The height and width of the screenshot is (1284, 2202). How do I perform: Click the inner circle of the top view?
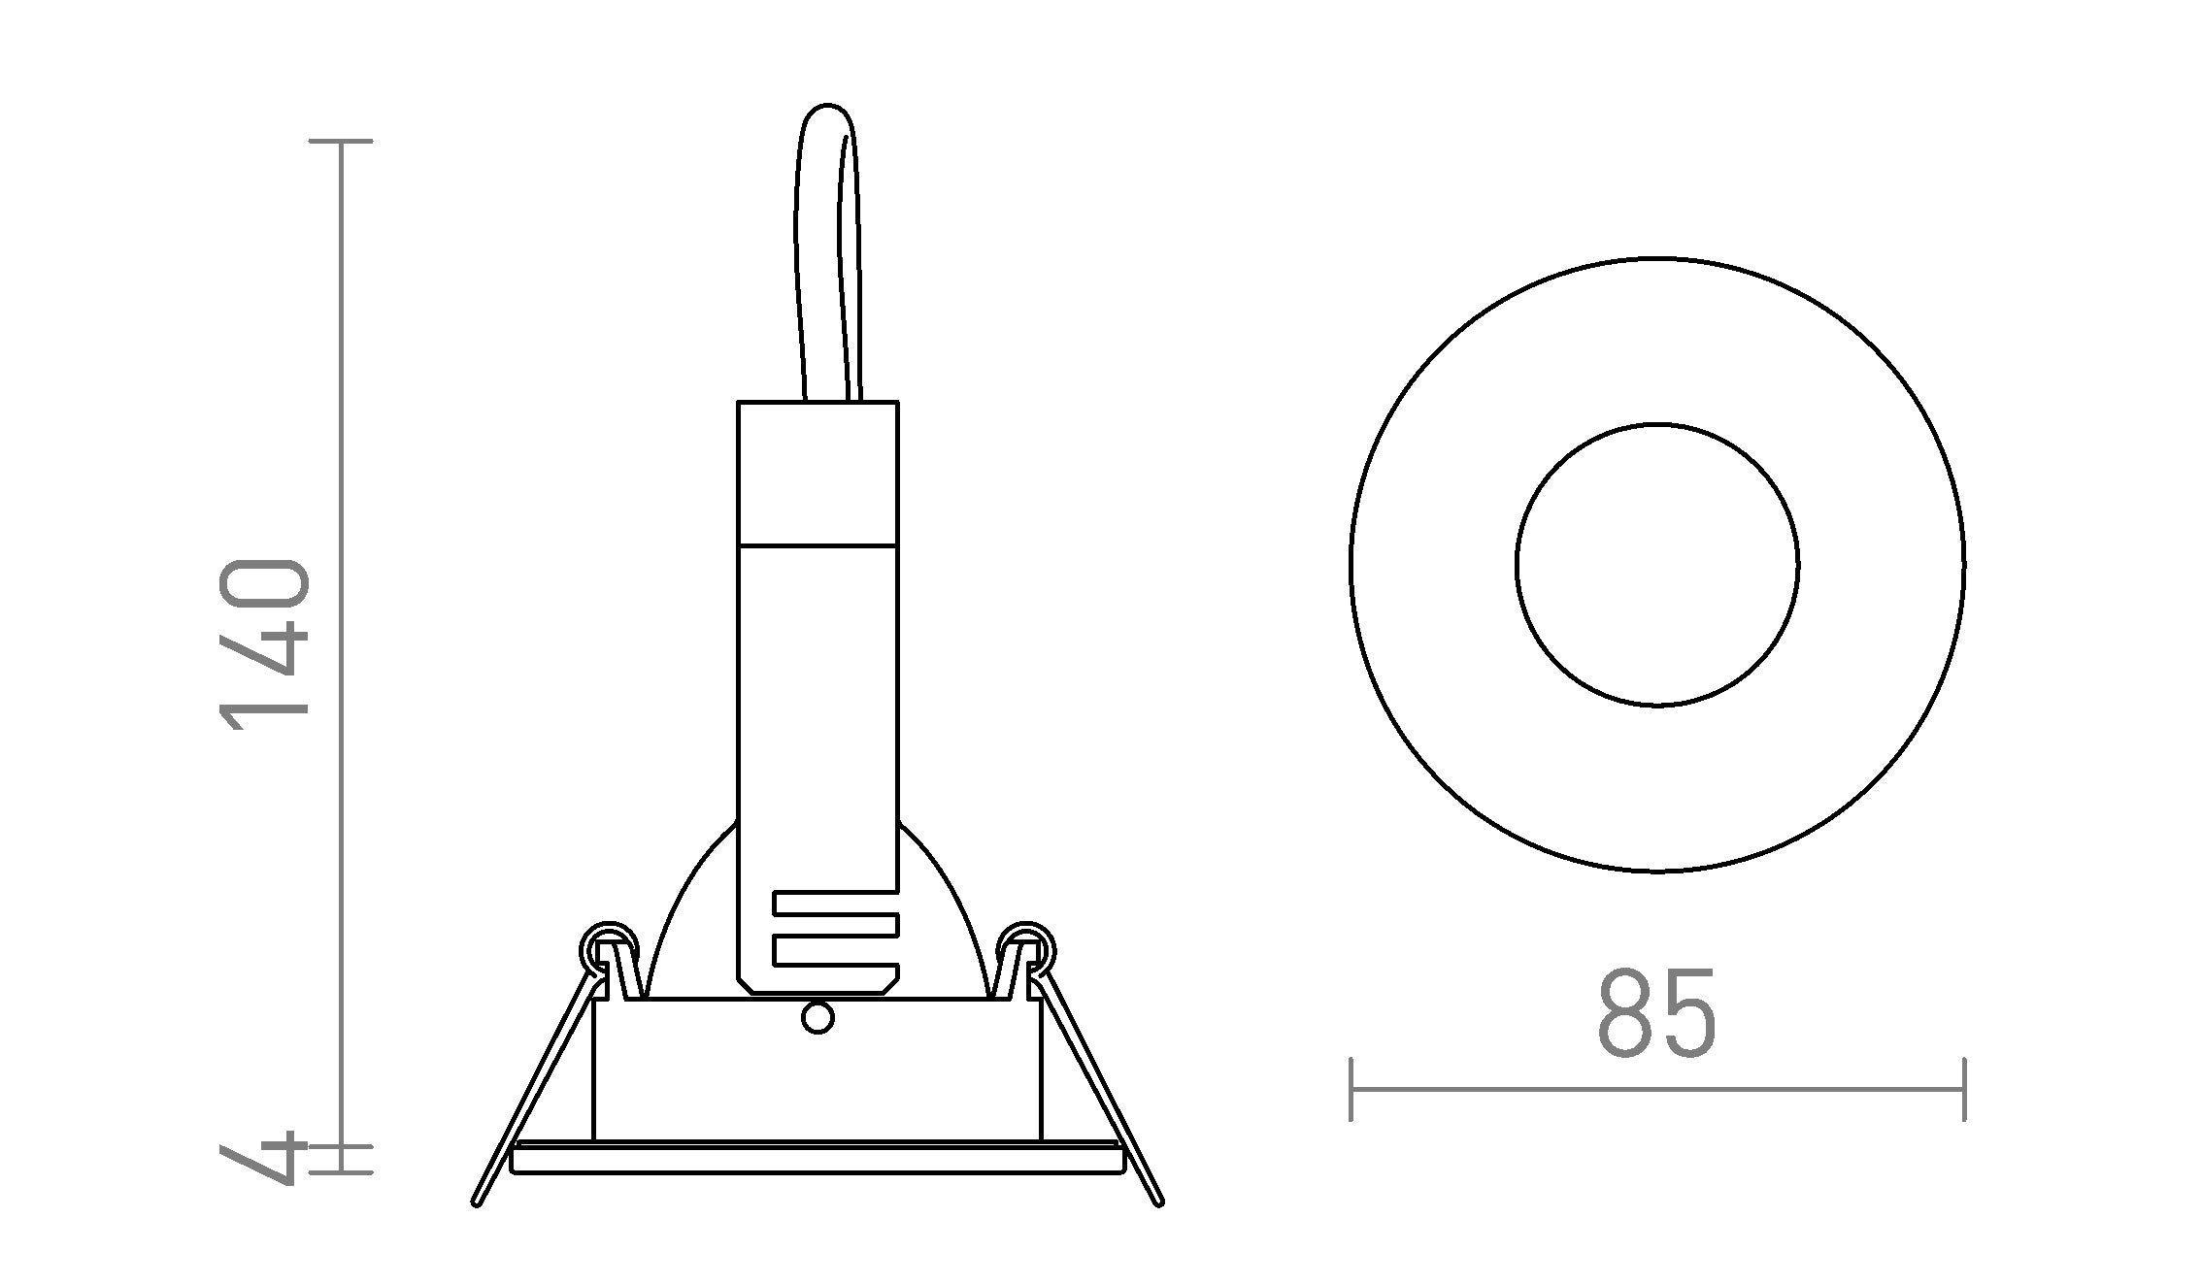1657,564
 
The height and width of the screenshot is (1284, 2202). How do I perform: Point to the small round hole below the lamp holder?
817,1018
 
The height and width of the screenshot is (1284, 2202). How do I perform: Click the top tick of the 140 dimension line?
341,142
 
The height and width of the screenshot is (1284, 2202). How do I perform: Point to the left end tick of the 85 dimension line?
1351,1089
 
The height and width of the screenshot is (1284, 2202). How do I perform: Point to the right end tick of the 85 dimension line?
1964,1089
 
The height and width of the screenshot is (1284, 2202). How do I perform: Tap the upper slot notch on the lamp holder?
835,903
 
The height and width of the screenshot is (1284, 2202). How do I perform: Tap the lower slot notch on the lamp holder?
835,950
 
